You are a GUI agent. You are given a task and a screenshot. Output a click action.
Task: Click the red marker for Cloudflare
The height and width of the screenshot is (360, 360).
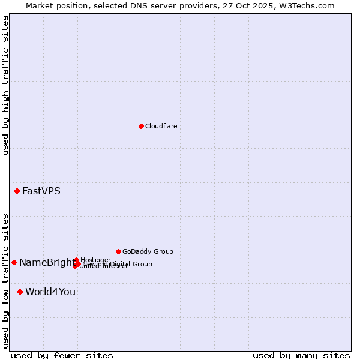141,126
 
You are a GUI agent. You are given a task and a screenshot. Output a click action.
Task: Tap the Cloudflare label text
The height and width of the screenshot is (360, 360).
161,126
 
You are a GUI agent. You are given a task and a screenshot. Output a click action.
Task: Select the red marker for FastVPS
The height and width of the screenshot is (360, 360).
17,191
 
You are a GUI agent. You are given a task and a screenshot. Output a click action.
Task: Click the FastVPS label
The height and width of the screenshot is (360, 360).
41,191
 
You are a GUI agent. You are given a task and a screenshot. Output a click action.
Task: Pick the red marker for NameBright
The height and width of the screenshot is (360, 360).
14,262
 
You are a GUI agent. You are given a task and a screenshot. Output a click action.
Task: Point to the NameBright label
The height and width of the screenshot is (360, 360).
46,262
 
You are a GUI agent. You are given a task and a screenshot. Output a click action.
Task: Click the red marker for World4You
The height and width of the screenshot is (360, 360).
20,292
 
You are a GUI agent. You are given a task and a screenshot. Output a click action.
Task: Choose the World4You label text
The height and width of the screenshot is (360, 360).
50,292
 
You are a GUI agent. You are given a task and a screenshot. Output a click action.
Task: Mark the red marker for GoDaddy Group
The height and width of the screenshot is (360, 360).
118,251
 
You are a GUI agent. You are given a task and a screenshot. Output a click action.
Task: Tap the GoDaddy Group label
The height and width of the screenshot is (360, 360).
148,251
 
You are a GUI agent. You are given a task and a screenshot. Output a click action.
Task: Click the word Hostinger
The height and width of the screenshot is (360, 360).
95,260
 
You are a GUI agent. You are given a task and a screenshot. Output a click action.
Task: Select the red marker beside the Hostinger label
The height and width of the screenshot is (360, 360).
76,260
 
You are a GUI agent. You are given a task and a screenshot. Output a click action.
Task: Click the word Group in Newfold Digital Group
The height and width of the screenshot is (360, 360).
142,264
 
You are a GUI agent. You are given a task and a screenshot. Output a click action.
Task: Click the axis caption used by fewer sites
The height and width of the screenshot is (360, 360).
62,355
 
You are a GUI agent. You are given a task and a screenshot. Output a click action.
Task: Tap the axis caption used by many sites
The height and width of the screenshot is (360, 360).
301,355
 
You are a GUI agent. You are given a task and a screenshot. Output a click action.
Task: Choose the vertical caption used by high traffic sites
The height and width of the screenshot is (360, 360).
5,86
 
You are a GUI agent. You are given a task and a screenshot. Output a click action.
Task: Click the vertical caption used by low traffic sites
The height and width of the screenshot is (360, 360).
5,281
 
